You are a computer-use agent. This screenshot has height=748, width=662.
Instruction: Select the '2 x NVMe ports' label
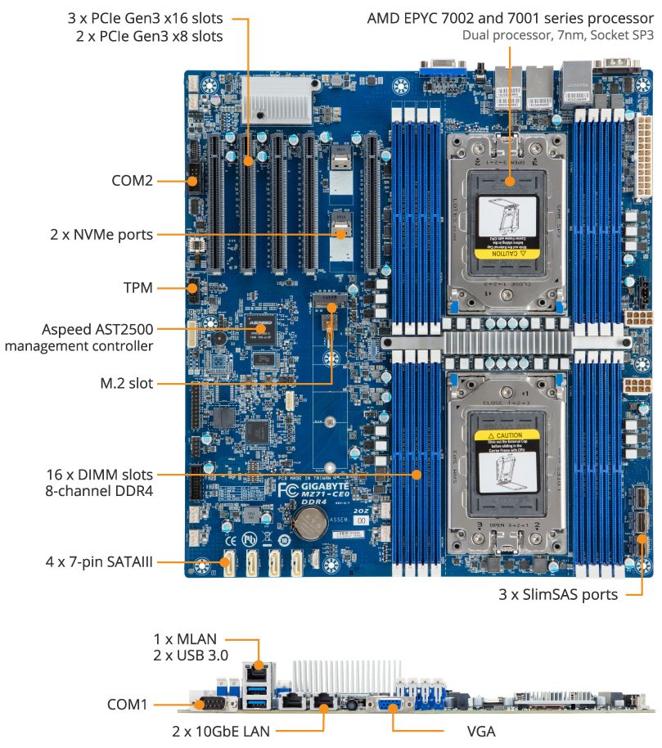click(x=101, y=236)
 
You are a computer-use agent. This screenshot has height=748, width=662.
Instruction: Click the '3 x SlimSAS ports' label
click(x=558, y=595)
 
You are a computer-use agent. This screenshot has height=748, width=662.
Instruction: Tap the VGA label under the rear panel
click(x=480, y=730)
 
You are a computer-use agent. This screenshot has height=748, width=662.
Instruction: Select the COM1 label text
click(x=128, y=704)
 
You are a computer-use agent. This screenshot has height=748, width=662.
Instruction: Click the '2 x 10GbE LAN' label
click(x=220, y=730)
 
